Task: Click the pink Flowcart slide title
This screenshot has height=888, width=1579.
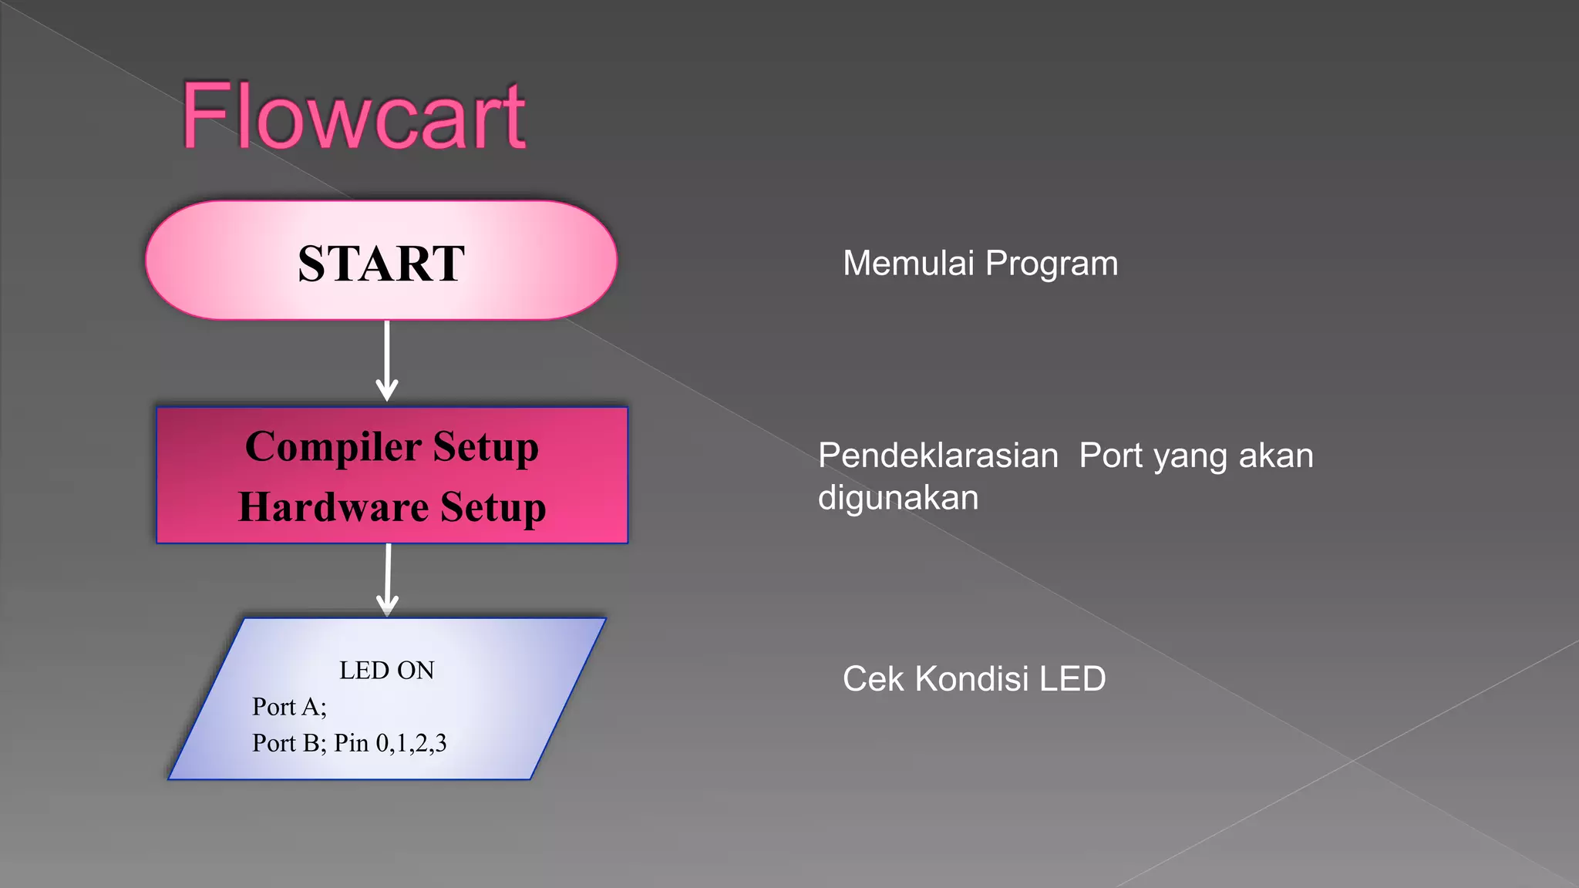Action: pyautogui.click(x=354, y=116)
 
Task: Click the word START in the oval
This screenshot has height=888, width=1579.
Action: pyautogui.click(x=381, y=263)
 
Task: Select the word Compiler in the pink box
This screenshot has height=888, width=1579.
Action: pyautogui.click(x=333, y=447)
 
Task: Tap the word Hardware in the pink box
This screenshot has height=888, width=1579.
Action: pyautogui.click(x=333, y=507)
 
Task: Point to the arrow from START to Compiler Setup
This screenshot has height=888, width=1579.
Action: pyautogui.click(x=387, y=360)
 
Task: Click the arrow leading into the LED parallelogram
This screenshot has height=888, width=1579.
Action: pyautogui.click(x=388, y=579)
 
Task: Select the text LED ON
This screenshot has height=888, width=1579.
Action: pyautogui.click(x=386, y=671)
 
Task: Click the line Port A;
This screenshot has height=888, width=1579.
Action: pyautogui.click(x=289, y=707)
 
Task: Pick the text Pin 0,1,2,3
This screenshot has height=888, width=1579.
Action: pyautogui.click(x=390, y=743)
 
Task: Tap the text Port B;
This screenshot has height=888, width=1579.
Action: pyautogui.click(x=289, y=743)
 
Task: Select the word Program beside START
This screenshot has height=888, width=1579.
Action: pyautogui.click(x=1052, y=264)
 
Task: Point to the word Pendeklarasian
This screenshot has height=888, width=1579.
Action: pyautogui.click(x=938, y=456)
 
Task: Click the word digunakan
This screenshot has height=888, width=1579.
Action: pyautogui.click(x=898, y=498)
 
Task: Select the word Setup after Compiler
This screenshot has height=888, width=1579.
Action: pyautogui.click(x=485, y=447)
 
